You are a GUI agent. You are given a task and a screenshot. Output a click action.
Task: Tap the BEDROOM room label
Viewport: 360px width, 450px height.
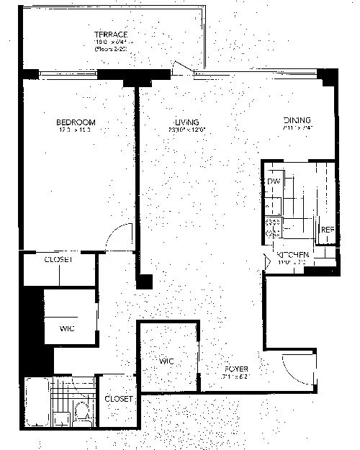pyautogui.click(x=76, y=122)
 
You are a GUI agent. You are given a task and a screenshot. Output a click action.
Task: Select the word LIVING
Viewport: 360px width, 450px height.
pyautogui.click(x=186, y=122)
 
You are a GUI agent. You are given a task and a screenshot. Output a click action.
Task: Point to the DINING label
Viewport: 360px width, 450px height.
pyautogui.click(x=297, y=120)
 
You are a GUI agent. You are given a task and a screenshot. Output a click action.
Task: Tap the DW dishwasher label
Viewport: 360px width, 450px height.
pyautogui.click(x=274, y=181)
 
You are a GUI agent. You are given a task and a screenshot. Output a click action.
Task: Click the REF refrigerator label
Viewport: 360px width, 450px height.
pyautogui.click(x=328, y=230)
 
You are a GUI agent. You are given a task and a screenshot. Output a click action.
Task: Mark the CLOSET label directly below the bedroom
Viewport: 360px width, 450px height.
pyautogui.click(x=58, y=260)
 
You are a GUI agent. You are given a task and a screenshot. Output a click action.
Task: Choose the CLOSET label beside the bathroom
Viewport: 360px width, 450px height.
pyautogui.click(x=118, y=398)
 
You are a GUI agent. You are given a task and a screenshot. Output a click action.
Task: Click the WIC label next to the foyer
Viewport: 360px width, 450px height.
pyautogui.click(x=168, y=360)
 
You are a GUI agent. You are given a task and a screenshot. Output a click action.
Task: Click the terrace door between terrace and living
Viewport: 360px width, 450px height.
pyautogui.click(x=184, y=69)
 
